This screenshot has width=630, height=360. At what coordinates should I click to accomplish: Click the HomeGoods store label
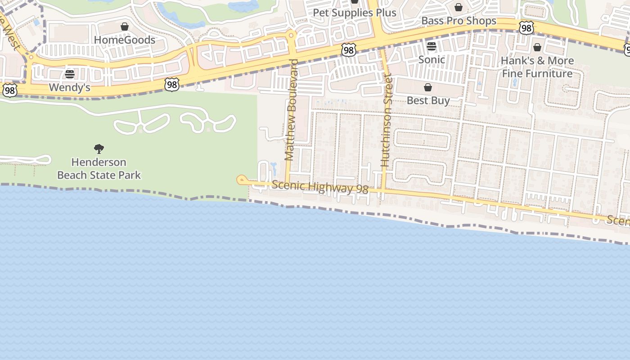tap(124, 40)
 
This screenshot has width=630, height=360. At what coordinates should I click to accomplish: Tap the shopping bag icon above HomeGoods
tap(125, 27)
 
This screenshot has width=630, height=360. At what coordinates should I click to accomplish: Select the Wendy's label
tap(69, 87)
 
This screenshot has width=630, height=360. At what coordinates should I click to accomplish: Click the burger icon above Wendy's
tap(70, 74)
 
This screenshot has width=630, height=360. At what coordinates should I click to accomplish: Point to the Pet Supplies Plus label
tap(355, 13)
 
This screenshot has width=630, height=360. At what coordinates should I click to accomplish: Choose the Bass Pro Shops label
tap(459, 21)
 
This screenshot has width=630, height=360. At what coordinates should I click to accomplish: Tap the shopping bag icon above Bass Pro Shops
tap(458, 7)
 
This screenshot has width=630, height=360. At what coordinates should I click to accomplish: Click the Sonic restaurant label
tap(432, 59)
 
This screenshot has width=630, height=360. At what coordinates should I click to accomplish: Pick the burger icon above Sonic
tap(432, 46)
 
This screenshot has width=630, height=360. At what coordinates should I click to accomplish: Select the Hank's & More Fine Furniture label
tap(537, 67)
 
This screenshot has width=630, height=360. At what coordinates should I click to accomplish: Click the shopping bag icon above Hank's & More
tap(537, 47)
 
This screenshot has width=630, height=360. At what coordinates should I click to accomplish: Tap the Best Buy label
tap(428, 100)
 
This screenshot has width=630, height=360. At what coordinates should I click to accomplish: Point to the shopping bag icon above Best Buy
tap(428, 87)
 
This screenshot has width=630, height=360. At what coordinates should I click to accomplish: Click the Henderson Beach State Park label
tap(99, 168)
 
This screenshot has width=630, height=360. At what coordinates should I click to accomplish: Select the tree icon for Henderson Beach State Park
tap(99, 149)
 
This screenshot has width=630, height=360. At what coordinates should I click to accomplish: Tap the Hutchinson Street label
tap(387, 121)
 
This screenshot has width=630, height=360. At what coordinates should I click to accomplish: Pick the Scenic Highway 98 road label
tap(320, 187)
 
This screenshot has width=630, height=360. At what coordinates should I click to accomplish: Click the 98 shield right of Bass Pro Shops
tap(526, 28)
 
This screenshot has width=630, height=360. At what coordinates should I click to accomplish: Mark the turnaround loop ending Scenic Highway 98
tap(241, 180)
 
